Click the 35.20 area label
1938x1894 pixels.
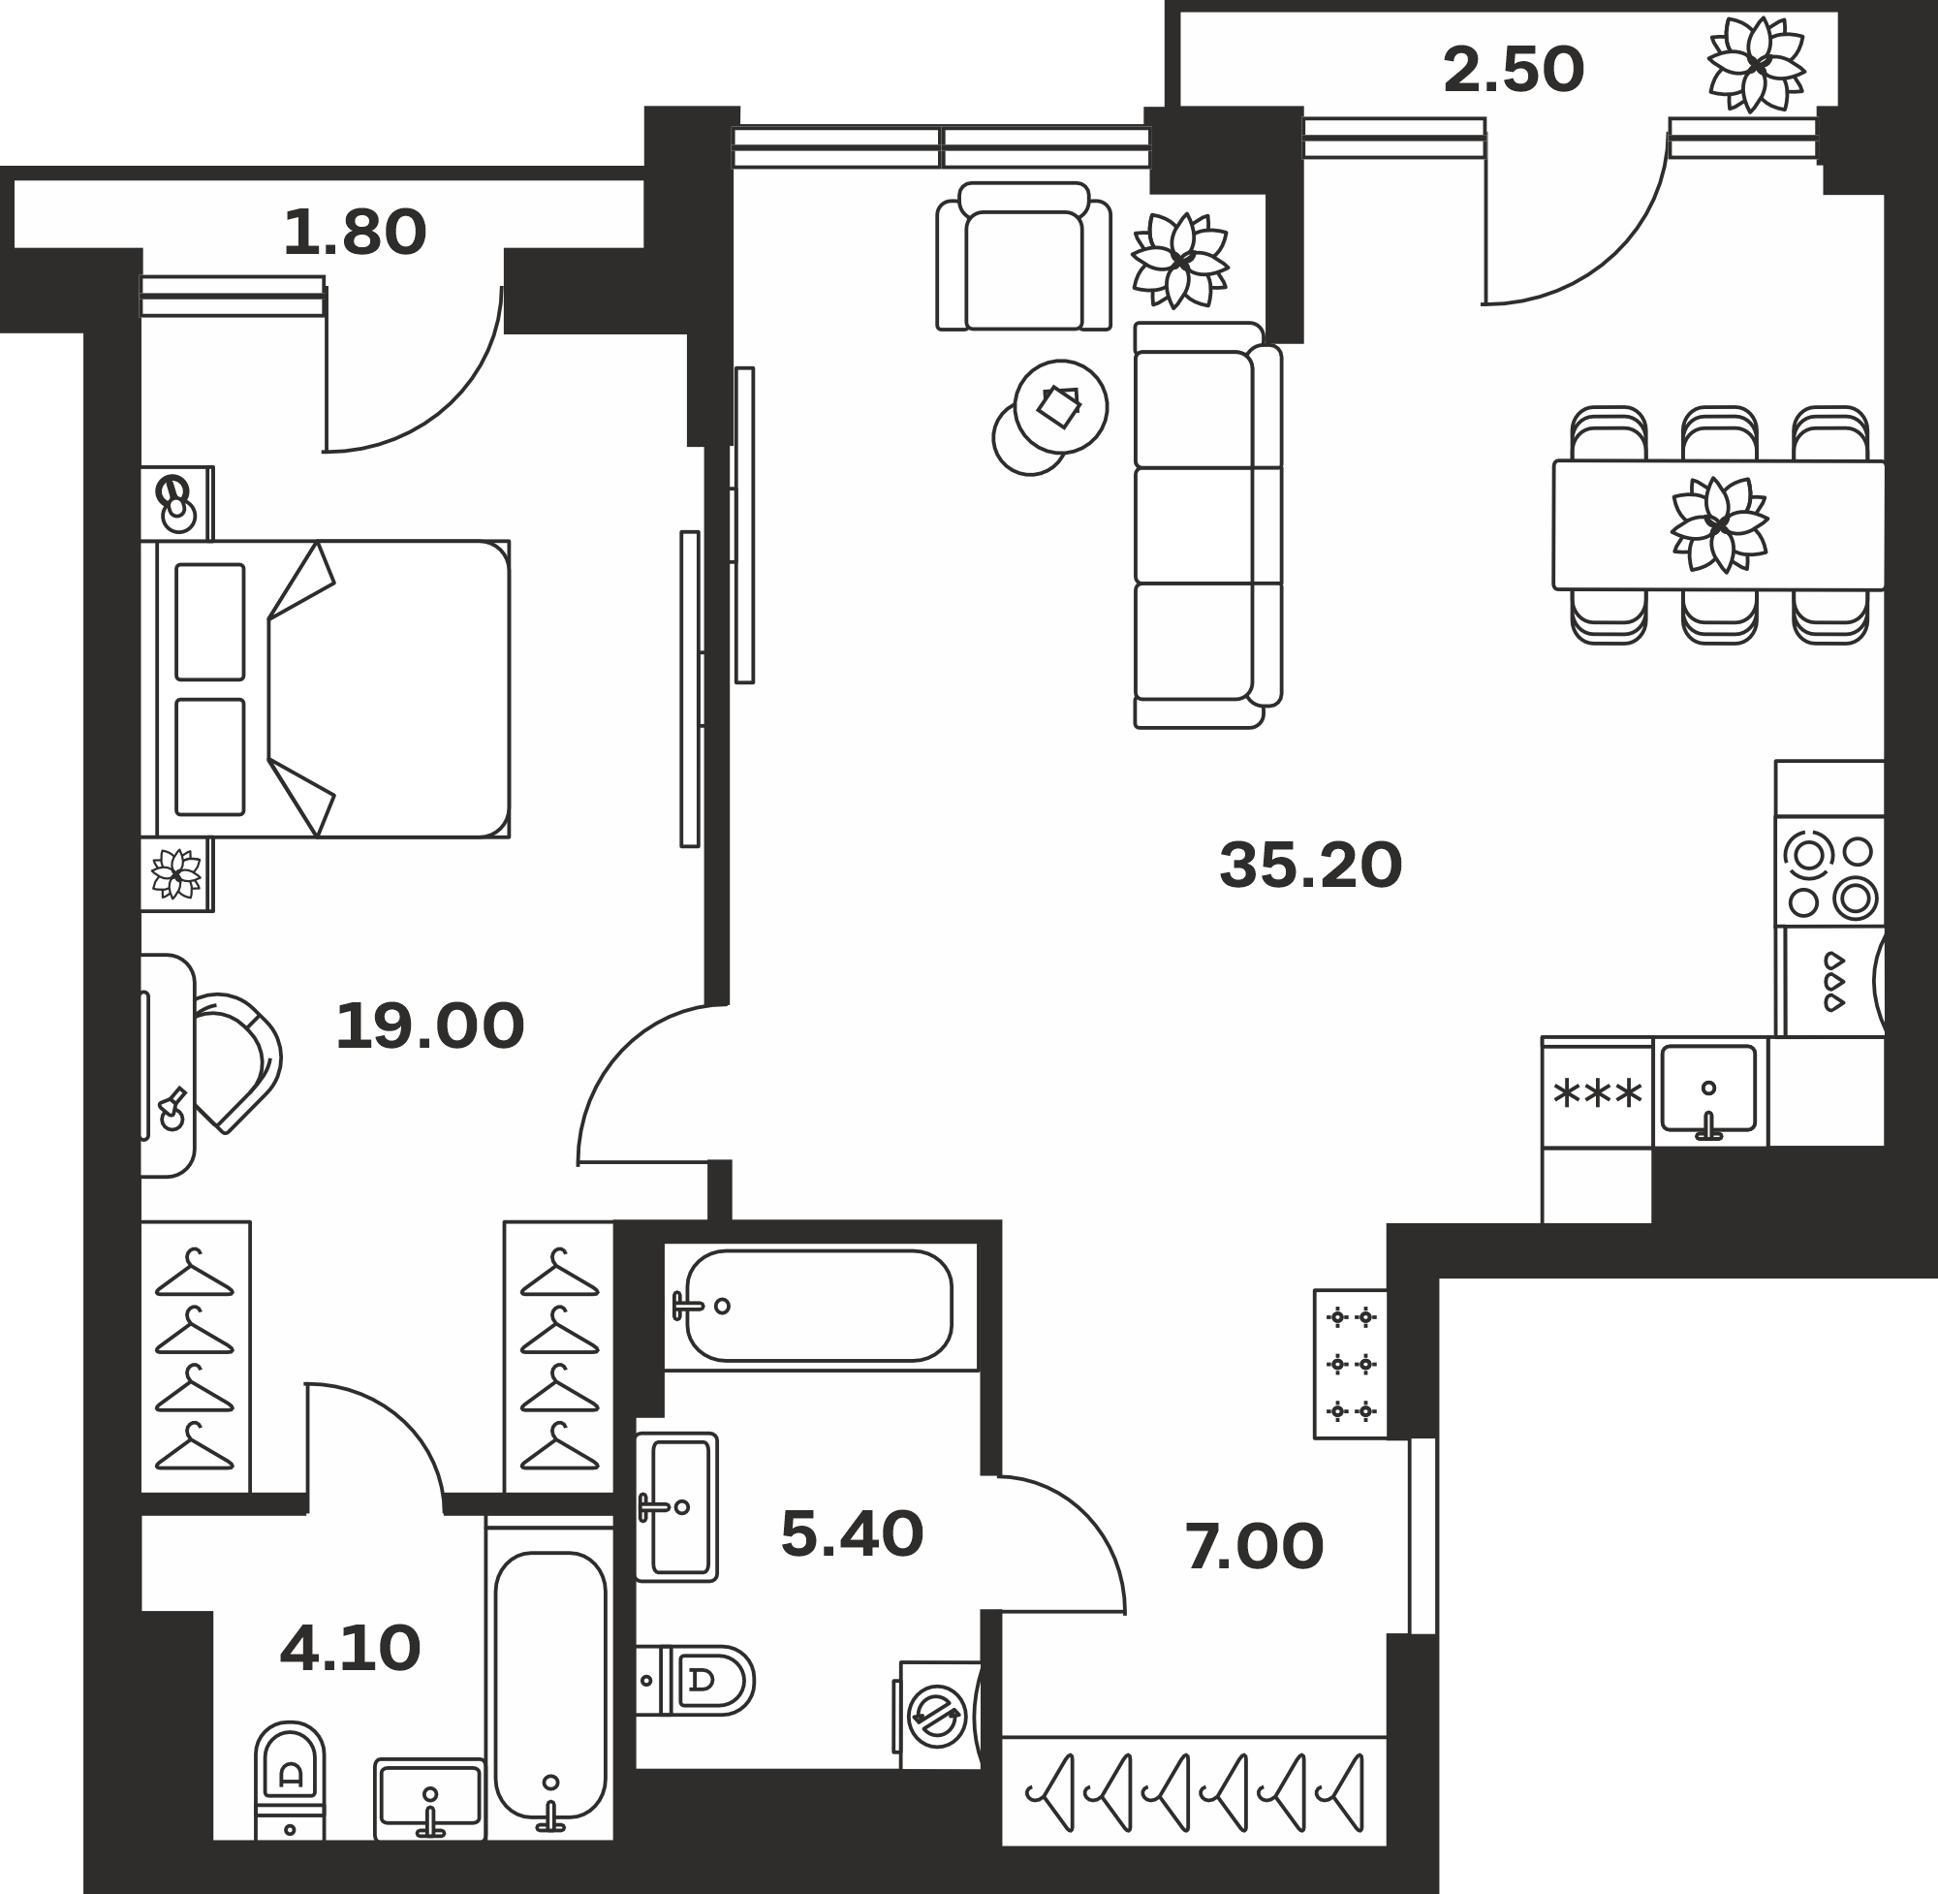pos(1310,866)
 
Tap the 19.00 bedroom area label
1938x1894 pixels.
pos(429,1026)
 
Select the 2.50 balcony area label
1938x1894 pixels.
pos(1514,71)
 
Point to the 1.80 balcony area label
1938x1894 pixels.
pos(355,233)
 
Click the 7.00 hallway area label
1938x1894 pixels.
pos(1254,1547)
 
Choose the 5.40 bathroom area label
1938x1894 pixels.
pos(852,1533)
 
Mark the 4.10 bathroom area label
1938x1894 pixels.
pos(350,1649)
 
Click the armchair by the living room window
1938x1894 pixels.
pos(1024,257)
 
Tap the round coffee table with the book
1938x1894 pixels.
pos(1061,406)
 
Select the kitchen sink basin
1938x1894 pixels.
pos(1708,1089)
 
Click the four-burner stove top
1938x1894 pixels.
pos(1829,871)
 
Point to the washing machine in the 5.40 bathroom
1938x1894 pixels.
pos(940,1714)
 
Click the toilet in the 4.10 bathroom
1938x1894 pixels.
pos(291,1781)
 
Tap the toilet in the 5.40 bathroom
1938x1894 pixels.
pos(695,1681)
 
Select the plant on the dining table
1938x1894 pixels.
pos(1719,524)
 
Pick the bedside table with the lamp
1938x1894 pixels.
pos(177,503)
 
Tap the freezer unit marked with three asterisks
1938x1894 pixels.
pos(1598,1093)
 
